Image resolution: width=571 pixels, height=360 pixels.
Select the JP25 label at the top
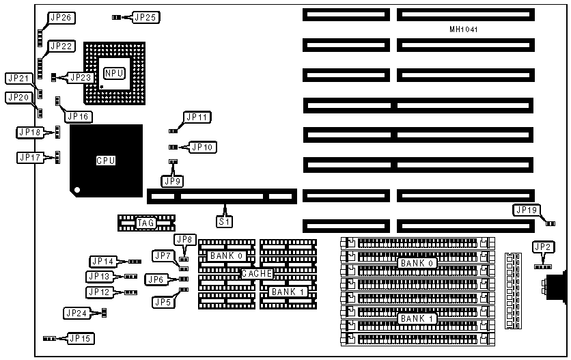[x=145, y=16]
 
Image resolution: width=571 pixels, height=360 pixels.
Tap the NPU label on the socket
[x=113, y=72]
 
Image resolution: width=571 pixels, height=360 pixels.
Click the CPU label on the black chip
[x=106, y=161]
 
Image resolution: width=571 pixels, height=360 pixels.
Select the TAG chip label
[x=145, y=222]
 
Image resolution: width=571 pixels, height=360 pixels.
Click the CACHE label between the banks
[x=257, y=273]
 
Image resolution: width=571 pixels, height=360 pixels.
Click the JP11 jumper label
[x=198, y=117]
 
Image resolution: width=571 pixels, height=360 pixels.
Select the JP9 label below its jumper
[x=172, y=181]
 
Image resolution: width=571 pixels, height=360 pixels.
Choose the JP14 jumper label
[x=103, y=261]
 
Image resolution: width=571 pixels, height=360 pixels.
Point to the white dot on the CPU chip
[x=79, y=189]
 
